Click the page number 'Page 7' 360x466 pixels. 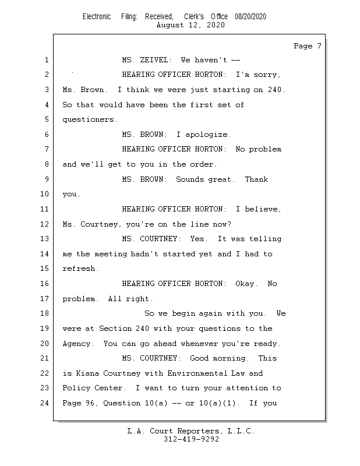(307, 45)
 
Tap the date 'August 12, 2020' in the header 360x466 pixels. (190, 25)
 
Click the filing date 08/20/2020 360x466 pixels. (250, 17)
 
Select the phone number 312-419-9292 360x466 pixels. (191, 439)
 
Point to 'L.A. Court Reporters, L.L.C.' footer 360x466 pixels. (190, 431)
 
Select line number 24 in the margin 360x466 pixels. (46, 403)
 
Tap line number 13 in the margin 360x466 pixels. (46, 239)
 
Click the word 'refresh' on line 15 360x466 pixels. (80, 269)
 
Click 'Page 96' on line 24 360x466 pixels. (78, 403)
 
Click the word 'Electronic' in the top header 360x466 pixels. (97, 17)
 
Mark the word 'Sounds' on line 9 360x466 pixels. (190, 179)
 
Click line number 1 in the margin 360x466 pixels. (46, 60)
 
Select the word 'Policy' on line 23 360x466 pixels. (76, 388)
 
